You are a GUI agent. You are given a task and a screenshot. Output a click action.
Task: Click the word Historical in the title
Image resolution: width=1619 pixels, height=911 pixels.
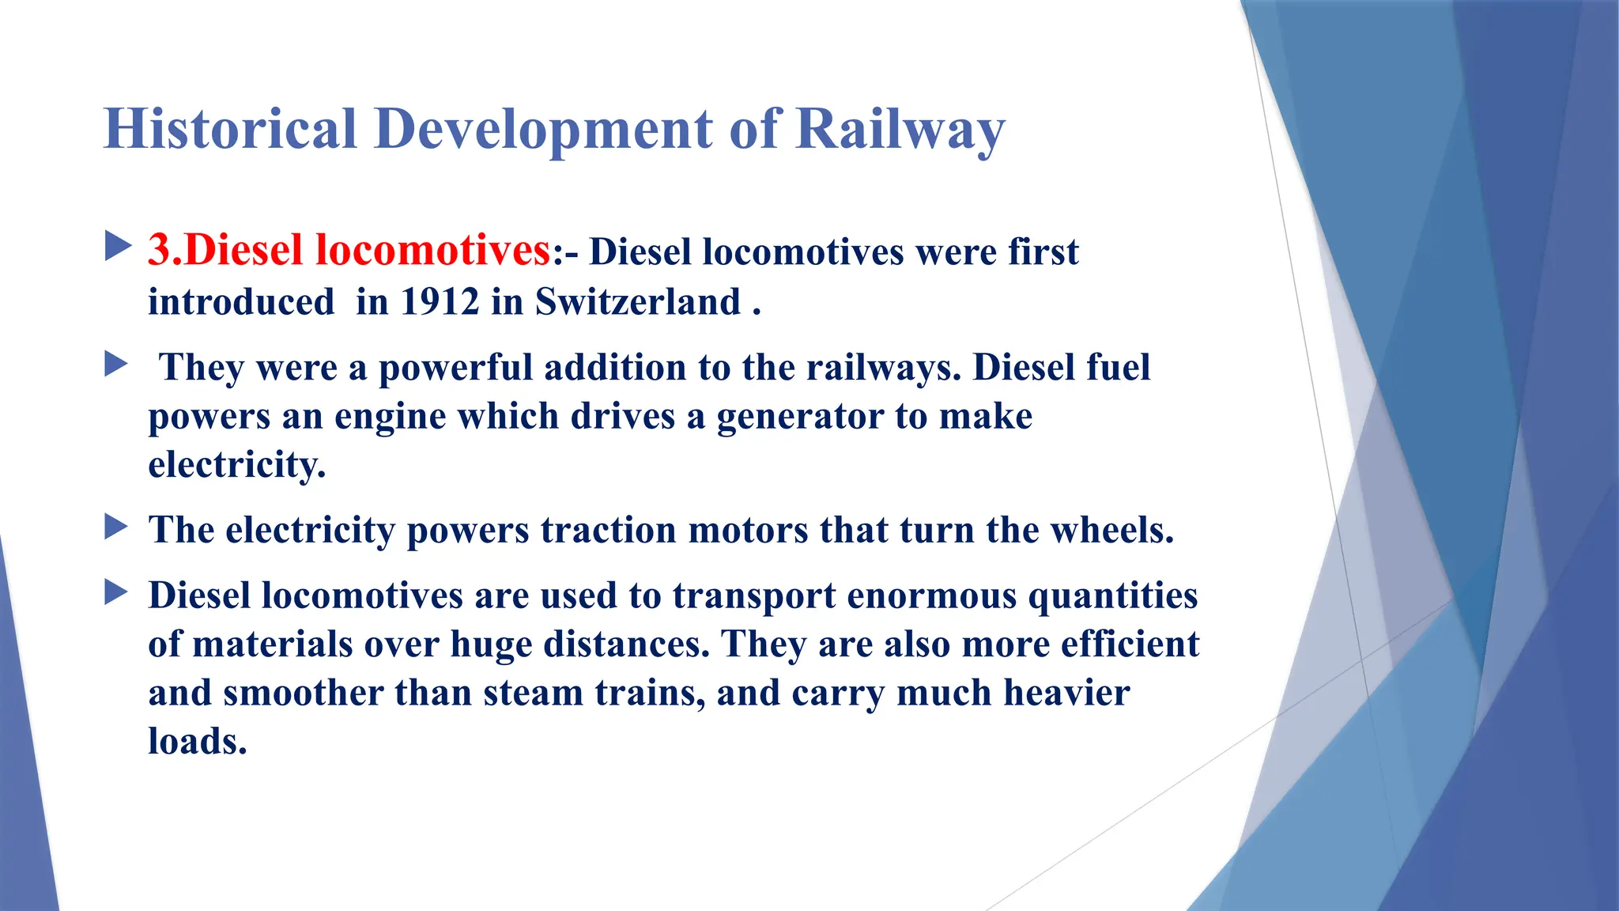tap(230, 129)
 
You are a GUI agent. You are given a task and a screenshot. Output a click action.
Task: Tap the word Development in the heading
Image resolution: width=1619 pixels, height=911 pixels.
tap(544, 129)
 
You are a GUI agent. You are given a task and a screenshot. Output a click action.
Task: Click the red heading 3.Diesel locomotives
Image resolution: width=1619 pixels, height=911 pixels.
tap(349, 250)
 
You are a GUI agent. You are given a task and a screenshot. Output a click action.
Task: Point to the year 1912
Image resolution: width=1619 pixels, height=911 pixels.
tap(440, 302)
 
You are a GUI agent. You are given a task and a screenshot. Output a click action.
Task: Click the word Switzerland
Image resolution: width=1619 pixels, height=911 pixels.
tap(638, 302)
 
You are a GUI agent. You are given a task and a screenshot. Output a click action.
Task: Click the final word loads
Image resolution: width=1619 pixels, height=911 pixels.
tap(198, 742)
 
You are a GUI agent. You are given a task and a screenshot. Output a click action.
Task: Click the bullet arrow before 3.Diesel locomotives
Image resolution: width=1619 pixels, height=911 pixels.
tap(117, 247)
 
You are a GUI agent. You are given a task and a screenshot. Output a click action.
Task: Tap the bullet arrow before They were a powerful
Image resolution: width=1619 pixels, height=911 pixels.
tap(116, 365)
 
